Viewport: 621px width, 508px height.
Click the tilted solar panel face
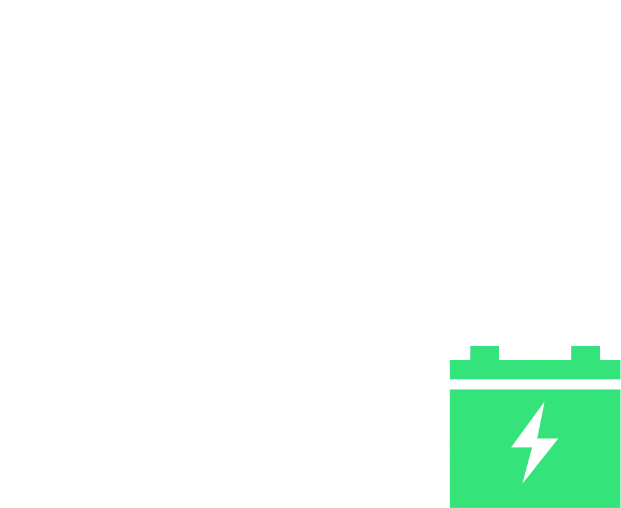[x=136, y=67]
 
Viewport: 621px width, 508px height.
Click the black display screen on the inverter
[x=532, y=43]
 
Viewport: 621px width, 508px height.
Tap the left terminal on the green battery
[x=485, y=352]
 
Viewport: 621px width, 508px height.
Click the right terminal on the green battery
[x=585, y=352]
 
